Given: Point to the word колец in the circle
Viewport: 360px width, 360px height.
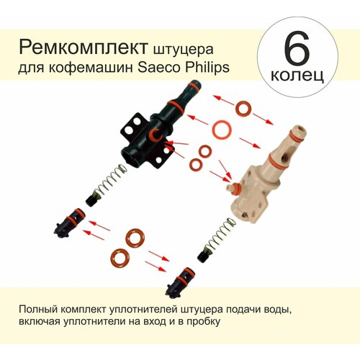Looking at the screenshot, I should point(297,75).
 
